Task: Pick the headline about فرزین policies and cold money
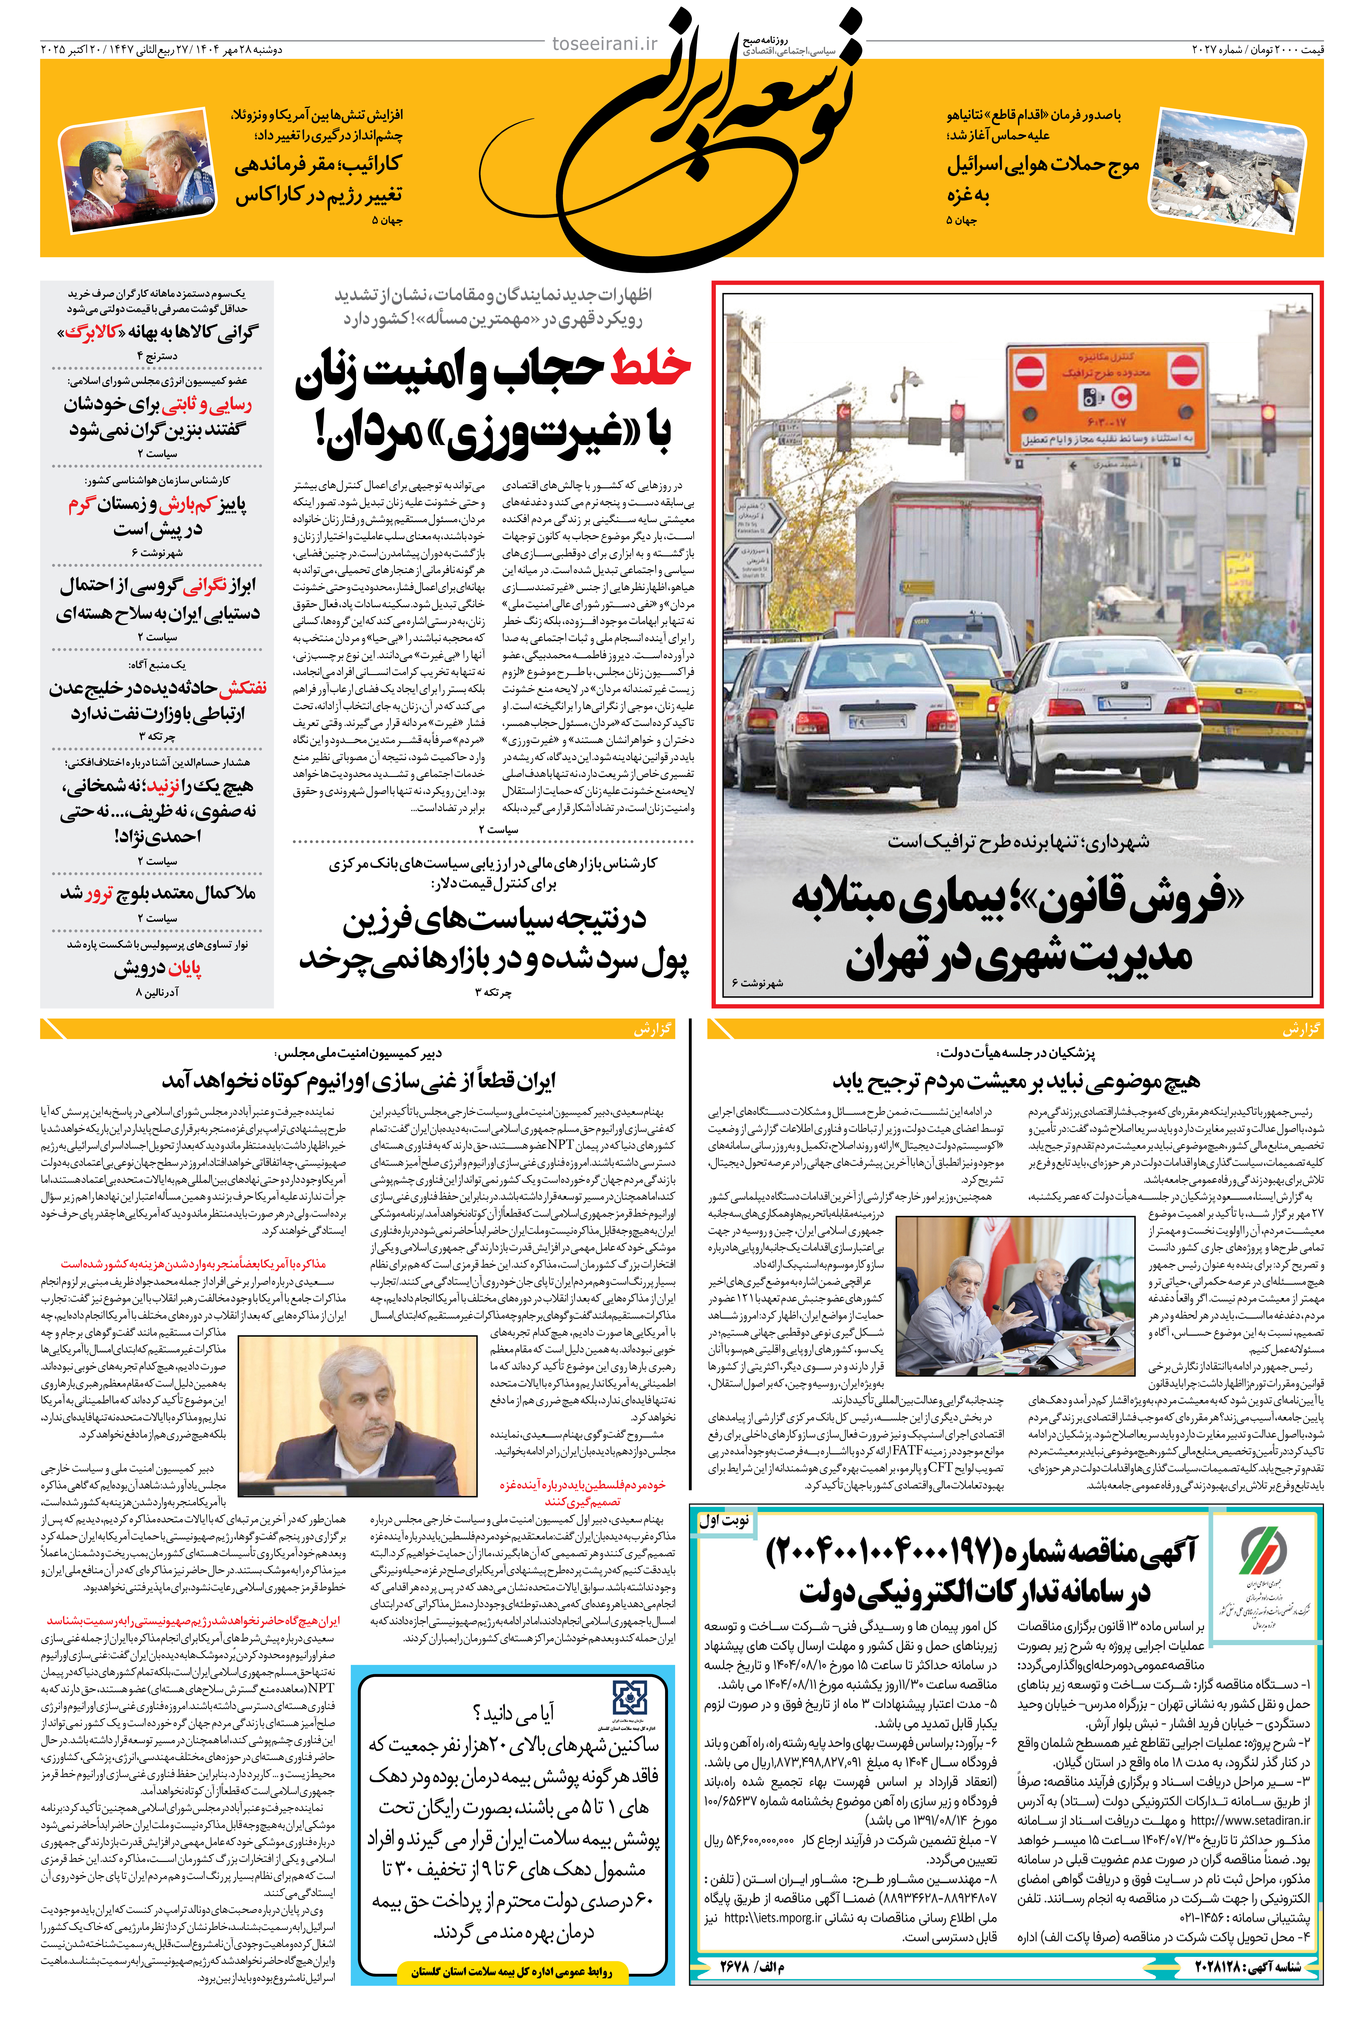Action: [x=494, y=940]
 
